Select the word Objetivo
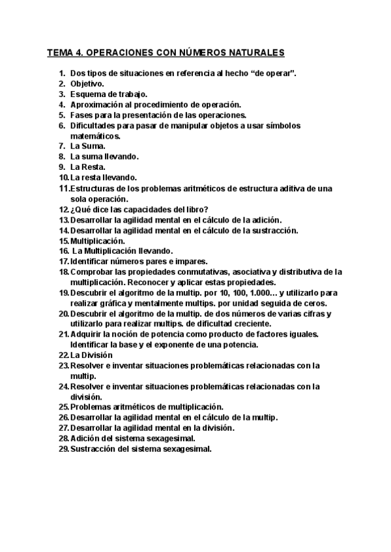coord(86,84)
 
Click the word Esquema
coord(88,94)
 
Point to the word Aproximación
coord(97,104)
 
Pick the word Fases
coord(81,115)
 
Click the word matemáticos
coord(95,136)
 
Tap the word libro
coord(196,209)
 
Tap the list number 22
coord(63,355)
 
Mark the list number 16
coord(63,251)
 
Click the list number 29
coord(63,448)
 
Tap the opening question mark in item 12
coord(72,209)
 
